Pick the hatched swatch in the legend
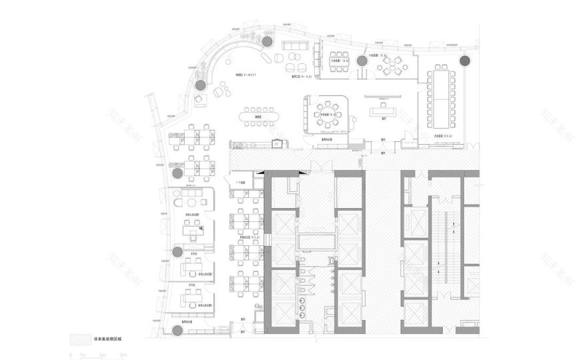click(80, 339)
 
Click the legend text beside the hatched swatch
click(106, 339)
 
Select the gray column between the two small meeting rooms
click(362, 61)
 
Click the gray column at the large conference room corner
click(464, 61)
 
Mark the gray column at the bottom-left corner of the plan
click(177, 329)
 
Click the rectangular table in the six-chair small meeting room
click(338, 61)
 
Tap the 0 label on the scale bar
click(70, 356)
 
